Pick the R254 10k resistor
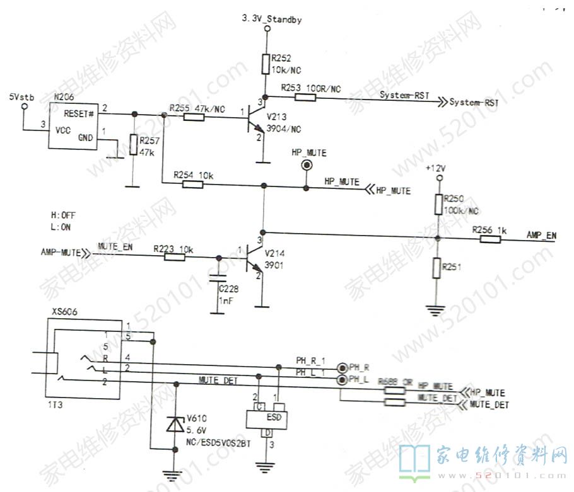click(192, 185)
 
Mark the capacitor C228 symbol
click(218, 277)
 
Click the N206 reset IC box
click(73, 126)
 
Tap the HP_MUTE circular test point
click(307, 166)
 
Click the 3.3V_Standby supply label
click(272, 20)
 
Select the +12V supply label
click(436, 169)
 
